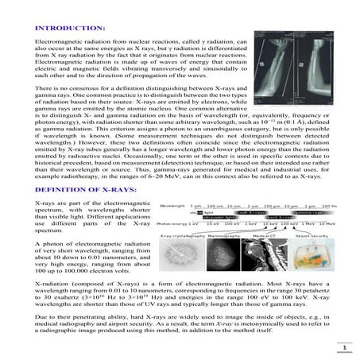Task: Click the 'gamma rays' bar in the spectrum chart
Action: point(306,213)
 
